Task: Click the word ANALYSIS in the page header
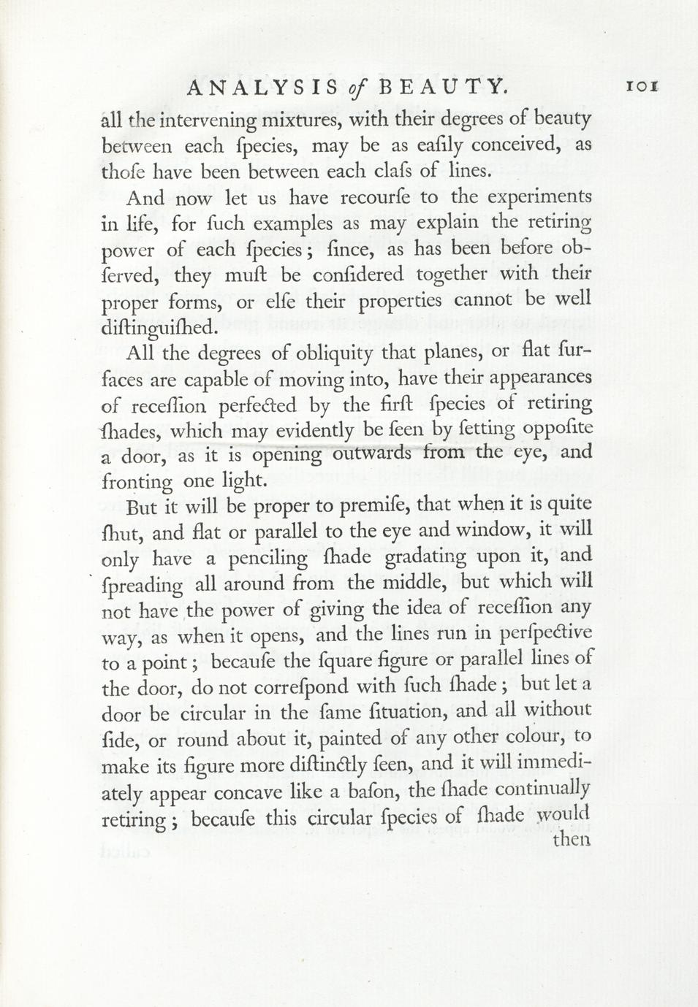[263, 88]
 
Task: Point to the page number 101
[643, 86]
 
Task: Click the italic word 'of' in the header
[358, 88]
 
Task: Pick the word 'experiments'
[539, 196]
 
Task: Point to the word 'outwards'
[372, 453]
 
